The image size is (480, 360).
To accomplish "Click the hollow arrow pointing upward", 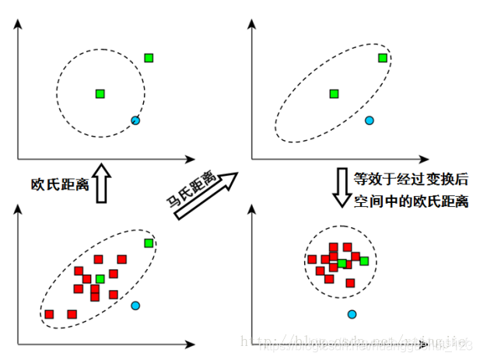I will (100, 183).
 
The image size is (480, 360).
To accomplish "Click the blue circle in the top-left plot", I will (135, 121).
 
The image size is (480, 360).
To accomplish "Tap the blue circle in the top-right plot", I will (369, 121).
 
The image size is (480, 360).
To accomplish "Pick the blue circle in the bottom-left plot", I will (135, 306).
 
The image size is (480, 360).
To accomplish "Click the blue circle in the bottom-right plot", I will (352, 314).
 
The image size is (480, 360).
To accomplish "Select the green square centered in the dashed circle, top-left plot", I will (100, 94).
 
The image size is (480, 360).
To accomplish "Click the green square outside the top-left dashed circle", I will (149, 58).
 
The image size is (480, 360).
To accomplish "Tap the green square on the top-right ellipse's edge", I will (382, 58).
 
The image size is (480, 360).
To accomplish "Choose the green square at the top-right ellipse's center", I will (334, 94).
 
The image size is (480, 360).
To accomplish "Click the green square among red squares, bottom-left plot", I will (100, 278).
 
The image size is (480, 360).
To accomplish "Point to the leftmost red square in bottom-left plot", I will (50, 314).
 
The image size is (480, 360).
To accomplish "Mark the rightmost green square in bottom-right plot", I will (364, 260).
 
